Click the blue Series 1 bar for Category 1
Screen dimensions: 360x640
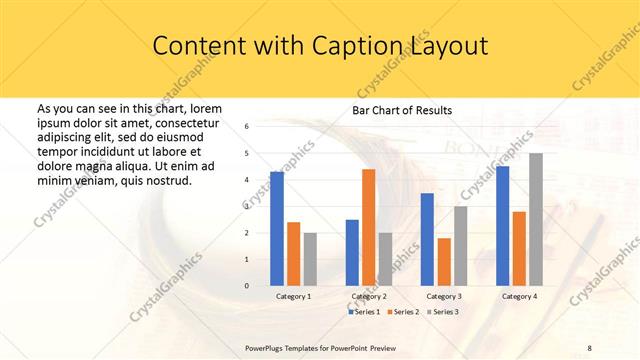[277, 229]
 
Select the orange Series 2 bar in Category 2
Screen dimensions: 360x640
[369, 227]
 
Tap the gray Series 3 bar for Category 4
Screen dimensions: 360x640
[536, 219]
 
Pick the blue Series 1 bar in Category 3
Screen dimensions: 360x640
[427, 239]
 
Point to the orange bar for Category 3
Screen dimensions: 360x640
[444, 262]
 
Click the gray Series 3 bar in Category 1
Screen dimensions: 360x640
[310, 259]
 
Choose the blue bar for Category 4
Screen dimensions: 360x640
[502, 226]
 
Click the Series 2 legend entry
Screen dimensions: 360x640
[403, 312]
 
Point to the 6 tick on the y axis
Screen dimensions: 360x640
[247, 126]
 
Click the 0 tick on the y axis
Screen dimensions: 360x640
[247, 286]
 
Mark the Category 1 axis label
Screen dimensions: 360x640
[294, 297]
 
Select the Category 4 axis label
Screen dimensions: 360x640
[519, 297]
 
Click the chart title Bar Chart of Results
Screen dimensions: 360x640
[402, 110]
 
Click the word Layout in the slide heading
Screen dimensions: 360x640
[448, 46]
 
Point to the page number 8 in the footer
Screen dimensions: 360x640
[590, 347]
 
